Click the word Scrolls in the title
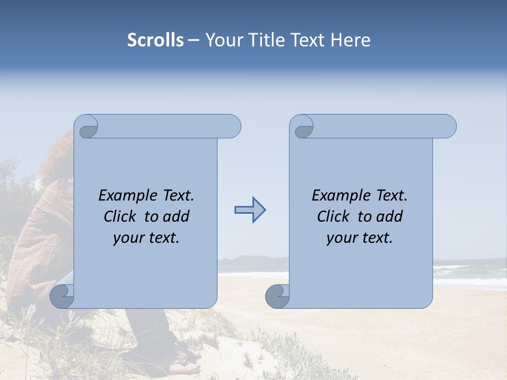pos(155,40)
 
